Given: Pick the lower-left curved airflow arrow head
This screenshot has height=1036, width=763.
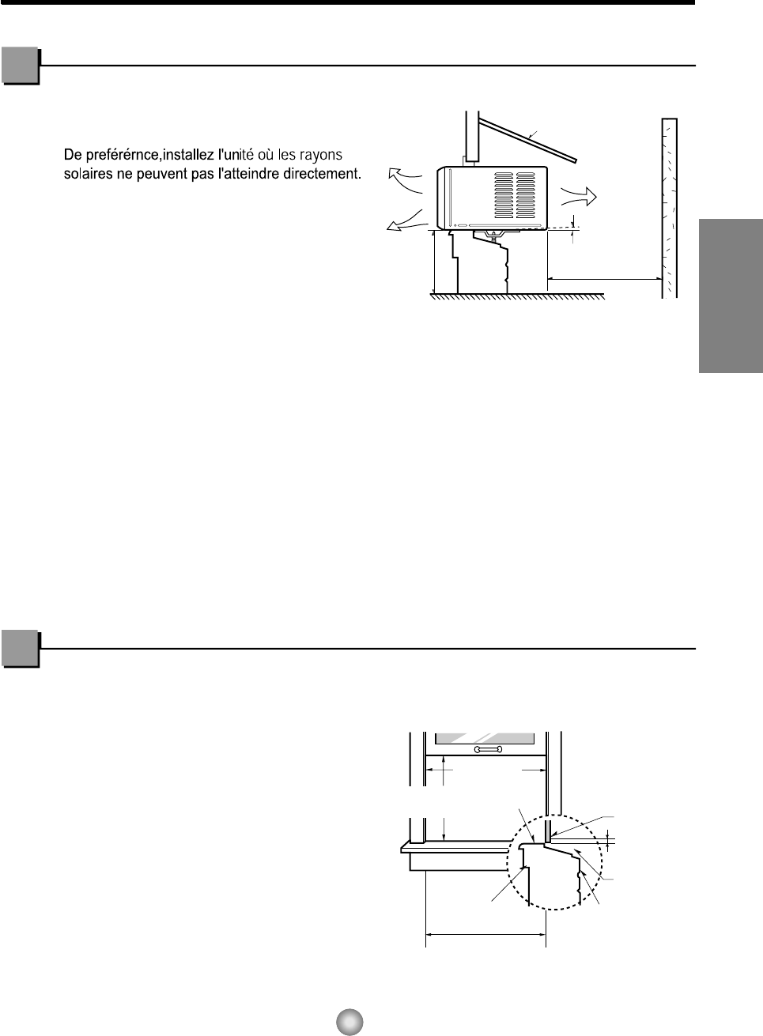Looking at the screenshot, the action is coord(391,228).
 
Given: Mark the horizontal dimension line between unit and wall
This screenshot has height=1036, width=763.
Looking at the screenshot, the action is coord(604,279).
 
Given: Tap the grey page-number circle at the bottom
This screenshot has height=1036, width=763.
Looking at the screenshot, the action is coord(349,1021).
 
